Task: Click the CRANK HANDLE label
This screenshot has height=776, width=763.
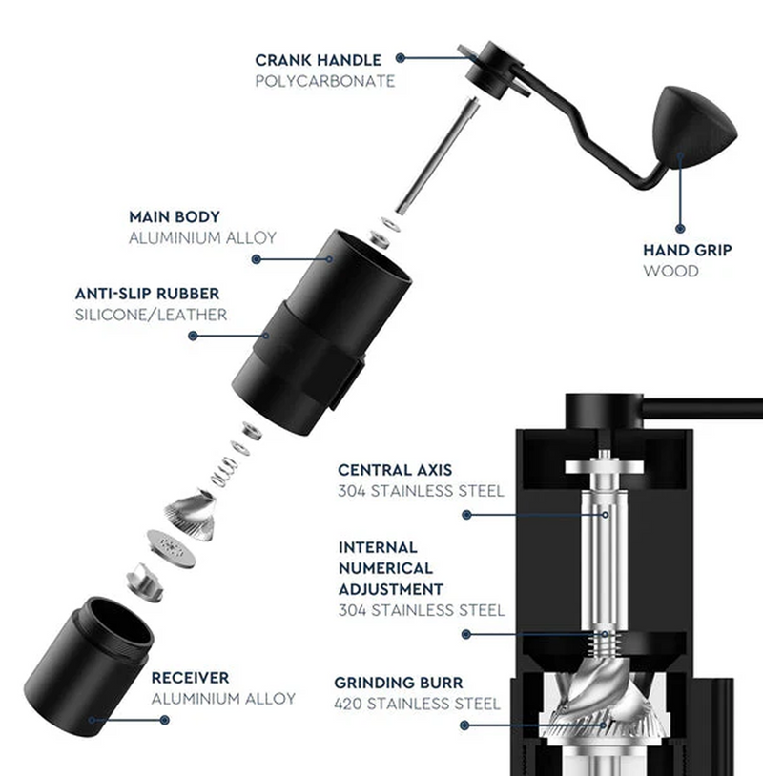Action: click(x=318, y=60)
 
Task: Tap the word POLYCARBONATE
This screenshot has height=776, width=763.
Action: click(x=324, y=82)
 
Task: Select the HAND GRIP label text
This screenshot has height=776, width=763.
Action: click(x=687, y=250)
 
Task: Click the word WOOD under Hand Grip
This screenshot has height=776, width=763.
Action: click(x=670, y=272)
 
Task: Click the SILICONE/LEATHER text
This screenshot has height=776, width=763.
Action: click(x=151, y=315)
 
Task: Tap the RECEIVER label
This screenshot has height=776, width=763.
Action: click(x=190, y=678)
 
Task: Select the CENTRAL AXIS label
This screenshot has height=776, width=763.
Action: click(x=395, y=470)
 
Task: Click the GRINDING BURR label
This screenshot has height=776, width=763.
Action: click(x=398, y=683)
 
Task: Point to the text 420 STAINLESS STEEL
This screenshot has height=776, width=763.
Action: click(x=417, y=705)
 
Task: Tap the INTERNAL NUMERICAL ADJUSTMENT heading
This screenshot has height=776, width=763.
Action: click(x=390, y=568)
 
